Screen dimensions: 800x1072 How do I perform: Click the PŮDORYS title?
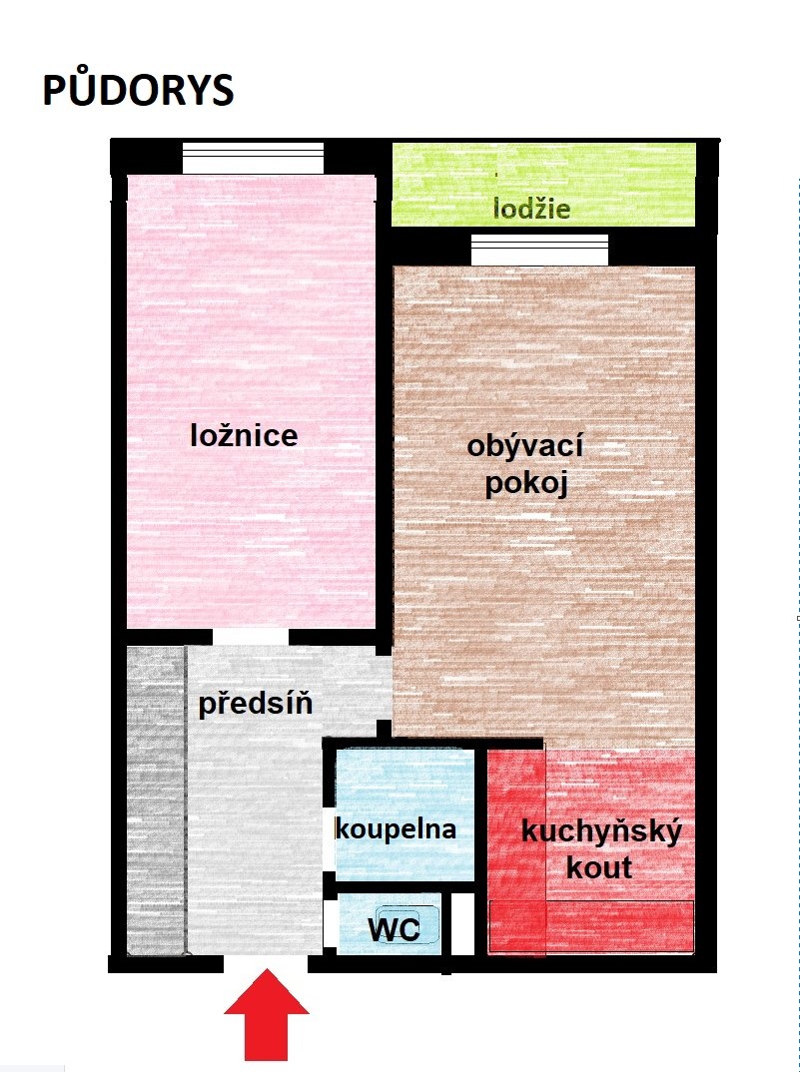click(138, 90)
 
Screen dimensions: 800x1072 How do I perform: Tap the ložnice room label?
click(245, 435)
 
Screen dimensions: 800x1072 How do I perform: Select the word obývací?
click(525, 447)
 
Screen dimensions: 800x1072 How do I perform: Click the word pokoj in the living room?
click(526, 484)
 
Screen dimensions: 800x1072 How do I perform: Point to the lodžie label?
click(531, 208)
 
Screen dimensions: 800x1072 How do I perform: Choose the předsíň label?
click(256, 703)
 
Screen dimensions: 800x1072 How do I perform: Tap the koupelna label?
click(396, 828)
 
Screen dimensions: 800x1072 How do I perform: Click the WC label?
click(394, 929)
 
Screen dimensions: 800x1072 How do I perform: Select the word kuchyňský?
click(601, 832)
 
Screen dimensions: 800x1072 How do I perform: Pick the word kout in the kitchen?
click(599, 867)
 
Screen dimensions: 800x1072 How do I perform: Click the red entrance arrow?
click(267, 1014)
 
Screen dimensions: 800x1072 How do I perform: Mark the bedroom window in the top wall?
click(253, 158)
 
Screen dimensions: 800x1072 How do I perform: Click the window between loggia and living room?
click(539, 250)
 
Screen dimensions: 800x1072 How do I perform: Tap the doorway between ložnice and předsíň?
click(251, 637)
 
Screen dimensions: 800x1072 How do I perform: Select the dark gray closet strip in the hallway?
click(156, 800)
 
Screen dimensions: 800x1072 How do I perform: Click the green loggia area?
click(543, 184)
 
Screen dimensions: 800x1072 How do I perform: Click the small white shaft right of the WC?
click(462, 924)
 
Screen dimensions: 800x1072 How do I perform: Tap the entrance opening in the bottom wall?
click(266, 963)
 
